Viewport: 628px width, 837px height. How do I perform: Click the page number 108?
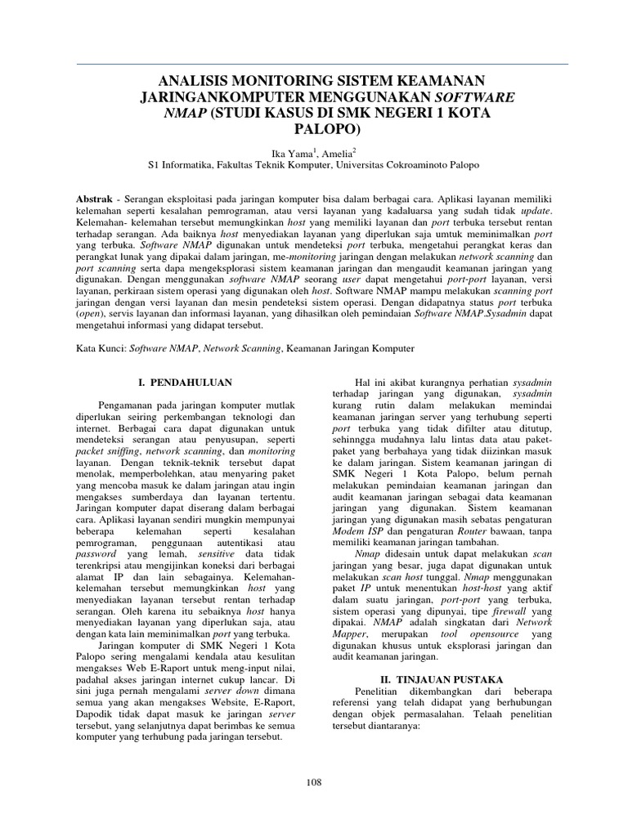314,782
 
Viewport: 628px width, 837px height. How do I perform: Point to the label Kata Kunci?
99,347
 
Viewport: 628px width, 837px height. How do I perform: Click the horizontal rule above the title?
314,64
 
